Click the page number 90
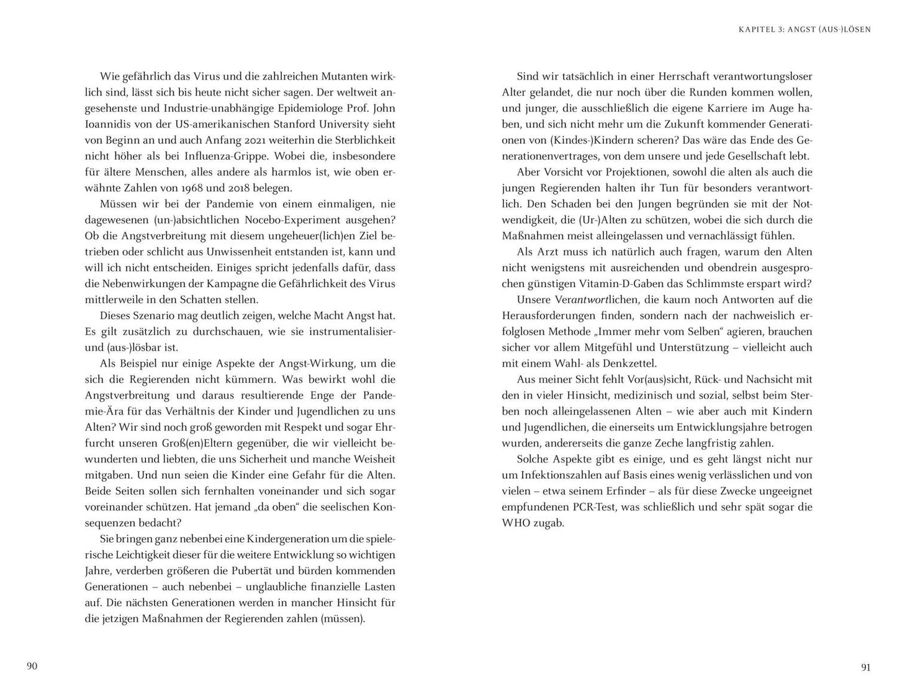tap(32, 666)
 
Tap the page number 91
tap(866, 668)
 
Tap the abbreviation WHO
tap(516, 523)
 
